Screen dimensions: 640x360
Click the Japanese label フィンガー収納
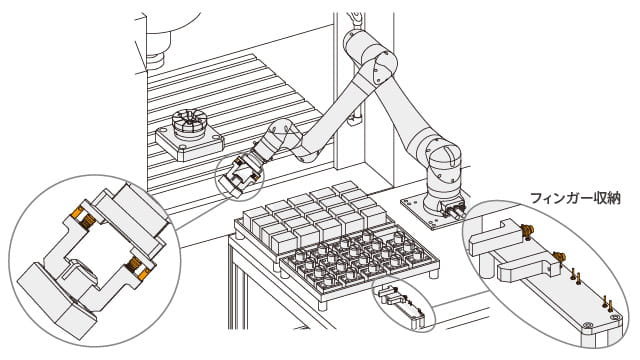coord(576,198)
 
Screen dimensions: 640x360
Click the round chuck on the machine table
coord(189,124)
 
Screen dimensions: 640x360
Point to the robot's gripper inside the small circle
coord(241,176)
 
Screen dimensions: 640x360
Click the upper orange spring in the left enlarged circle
coord(84,218)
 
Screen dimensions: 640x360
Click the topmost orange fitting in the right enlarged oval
coord(527,231)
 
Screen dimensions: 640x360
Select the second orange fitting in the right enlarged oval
coord(559,258)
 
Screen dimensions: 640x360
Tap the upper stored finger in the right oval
coord(494,238)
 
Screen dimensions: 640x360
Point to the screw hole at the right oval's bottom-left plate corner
coord(588,325)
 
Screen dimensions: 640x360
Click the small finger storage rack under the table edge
coord(402,304)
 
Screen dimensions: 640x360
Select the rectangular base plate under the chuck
coord(189,143)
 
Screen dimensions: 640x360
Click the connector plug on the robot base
coord(454,210)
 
